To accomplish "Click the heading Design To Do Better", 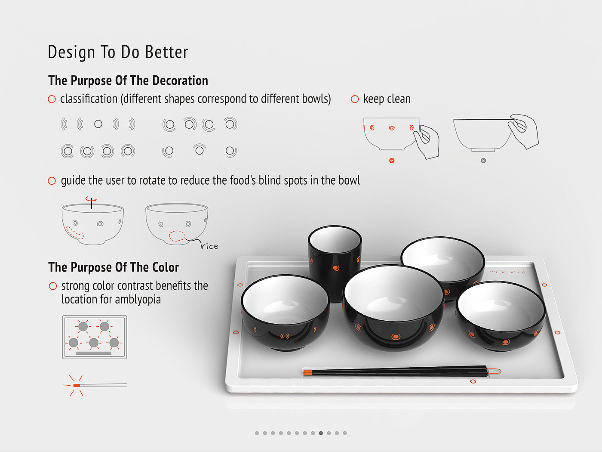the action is pos(118,52).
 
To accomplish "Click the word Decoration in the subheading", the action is pos(180,80).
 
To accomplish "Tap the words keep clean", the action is pos(387,99).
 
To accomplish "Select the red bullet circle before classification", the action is pos(52,99).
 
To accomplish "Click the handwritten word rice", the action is pos(209,246).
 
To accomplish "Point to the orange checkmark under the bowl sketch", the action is pos(392,161).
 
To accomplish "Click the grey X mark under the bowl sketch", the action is pos(483,161).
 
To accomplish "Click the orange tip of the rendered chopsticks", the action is pos(308,372).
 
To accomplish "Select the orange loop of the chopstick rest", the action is pos(494,371).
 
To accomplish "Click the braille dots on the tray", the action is pos(507,272).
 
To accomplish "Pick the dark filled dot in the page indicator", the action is pos(321,433).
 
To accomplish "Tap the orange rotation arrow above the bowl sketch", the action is pos(91,199).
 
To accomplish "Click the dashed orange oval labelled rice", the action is pos(177,236).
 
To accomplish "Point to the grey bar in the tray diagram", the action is pos(93,353).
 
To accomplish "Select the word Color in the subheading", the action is pos(166,267).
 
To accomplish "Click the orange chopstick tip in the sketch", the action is pos(77,386).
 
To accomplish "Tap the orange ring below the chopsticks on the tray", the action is pos(473,381).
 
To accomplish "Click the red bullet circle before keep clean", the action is pos(355,99).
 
